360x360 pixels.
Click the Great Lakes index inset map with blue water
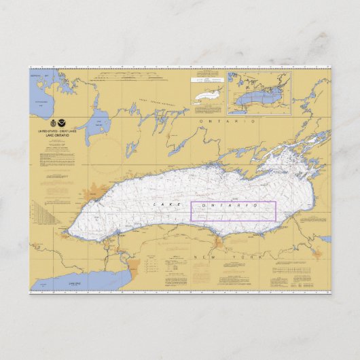click(x=259, y=92)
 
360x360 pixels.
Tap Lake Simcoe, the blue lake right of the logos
click(x=99, y=124)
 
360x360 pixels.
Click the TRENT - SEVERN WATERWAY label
click(x=153, y=103)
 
